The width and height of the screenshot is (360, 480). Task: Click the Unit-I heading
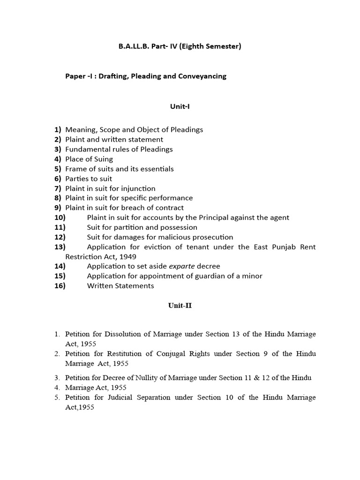tap(180, 106)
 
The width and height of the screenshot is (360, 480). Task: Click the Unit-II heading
tap(180, 306)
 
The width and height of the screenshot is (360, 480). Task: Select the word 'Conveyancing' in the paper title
tap(202, 76)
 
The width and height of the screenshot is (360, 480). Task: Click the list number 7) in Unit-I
tap(58, 188)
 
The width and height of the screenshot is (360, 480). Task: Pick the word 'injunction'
tap(138, 188)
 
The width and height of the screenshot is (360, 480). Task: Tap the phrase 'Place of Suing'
tap(89, 159)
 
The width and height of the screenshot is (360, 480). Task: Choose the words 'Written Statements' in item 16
tap(120, 285)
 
